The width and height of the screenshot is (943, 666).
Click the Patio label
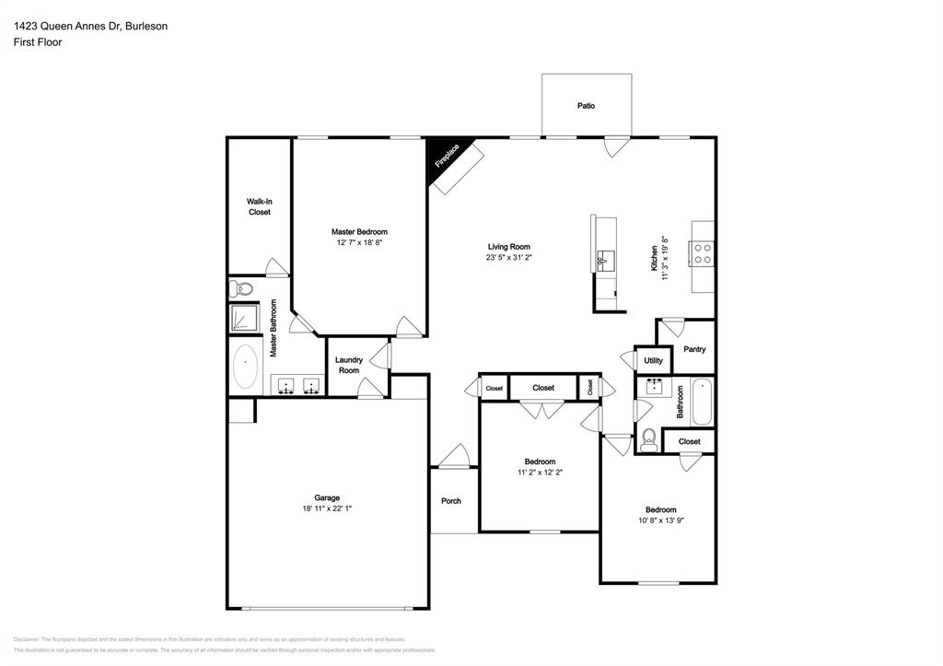586,106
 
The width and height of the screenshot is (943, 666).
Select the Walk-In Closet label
259,206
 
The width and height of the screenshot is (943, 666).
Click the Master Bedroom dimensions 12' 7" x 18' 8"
359,243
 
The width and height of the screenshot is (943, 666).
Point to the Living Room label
509,247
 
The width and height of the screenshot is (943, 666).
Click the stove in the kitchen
704,253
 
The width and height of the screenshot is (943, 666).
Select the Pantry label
694,349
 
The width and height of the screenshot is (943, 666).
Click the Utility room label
653,361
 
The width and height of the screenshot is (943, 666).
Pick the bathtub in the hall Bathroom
702,403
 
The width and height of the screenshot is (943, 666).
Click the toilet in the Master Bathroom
242,289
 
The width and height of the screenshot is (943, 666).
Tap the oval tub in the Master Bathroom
245,368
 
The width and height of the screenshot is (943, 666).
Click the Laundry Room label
348,365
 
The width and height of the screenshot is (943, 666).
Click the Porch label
451,501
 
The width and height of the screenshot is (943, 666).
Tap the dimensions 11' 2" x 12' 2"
540,473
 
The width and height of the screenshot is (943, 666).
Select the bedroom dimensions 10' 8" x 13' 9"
660,521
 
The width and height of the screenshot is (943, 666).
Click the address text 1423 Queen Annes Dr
78,27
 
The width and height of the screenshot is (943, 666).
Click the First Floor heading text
38,42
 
